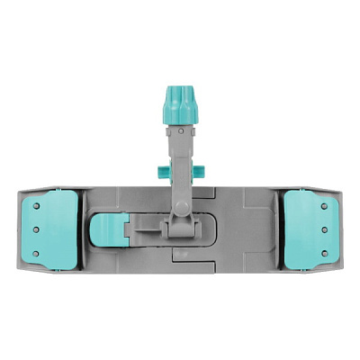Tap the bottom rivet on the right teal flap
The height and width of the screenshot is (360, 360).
[x=326, y=251]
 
